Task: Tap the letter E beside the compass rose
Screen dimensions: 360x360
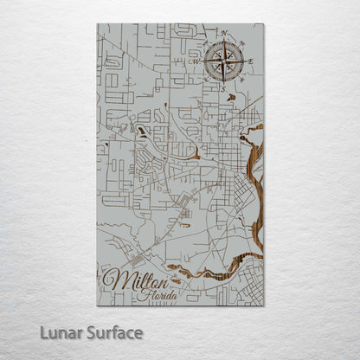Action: pyautogui.click(x=252, y=61)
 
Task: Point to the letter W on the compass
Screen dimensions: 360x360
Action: pyautogui.click(x=196, y=61)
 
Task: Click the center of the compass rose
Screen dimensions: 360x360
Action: pyautogui.click(x=223, y=61)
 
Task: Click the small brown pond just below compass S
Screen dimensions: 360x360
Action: pyautogui.click(x=230, y=97)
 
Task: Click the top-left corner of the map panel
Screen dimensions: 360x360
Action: pyautogui.click(x=97, y=23)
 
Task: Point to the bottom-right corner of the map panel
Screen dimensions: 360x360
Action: pyautogui.click(x=264, y=305)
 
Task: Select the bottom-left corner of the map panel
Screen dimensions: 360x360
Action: pyautogui.click(x=97, y=305)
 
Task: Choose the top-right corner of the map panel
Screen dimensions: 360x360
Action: pyautogui.click(x=264, y=23)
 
